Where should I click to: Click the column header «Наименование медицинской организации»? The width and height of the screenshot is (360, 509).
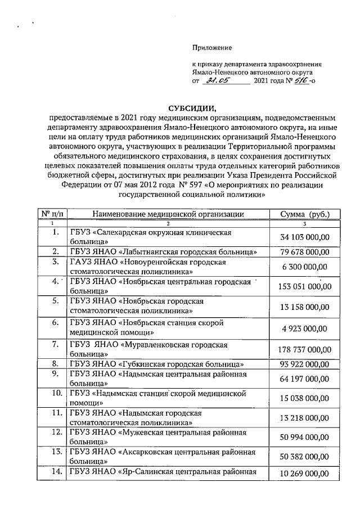click(167, 214)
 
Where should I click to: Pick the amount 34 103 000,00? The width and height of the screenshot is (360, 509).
click(304, 237)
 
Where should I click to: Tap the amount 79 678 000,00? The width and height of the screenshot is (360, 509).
click(304, 251)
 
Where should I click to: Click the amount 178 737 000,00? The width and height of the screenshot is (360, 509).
click(304, 349)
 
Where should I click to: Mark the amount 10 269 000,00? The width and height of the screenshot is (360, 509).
click(304, 474)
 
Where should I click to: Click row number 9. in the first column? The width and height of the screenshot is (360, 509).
click(55, 373)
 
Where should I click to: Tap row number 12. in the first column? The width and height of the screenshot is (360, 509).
click(55, 432)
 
